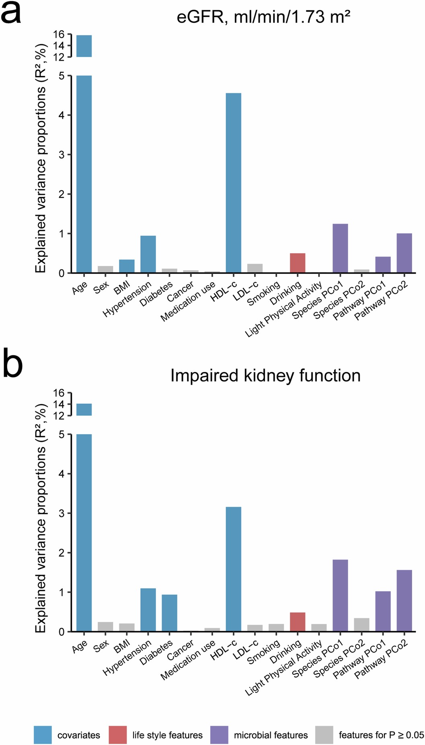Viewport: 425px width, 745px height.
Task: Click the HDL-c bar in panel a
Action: click(x=233, y=183)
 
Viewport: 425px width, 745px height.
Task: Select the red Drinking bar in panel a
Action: click(x=298, y=263)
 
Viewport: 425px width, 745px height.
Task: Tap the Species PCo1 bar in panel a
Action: click(x=340, y=248)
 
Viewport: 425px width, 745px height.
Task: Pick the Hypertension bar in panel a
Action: click(x=148, y=254)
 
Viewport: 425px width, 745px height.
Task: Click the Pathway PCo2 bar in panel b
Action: click(x=404, y=601)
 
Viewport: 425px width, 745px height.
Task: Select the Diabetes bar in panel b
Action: click(x=169, y=613)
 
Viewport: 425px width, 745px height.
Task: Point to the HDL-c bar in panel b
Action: click(x=233, y=569)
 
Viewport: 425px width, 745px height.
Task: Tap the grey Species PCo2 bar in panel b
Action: click(x=361, y=624)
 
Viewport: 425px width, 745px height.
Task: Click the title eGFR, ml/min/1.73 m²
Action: click(x=263, y=17)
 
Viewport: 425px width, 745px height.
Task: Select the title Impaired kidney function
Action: click(x=265, y=376)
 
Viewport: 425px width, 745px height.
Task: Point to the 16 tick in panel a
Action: click(x=59, y=35)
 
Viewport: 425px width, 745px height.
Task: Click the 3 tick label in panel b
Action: click(x=61, y=513)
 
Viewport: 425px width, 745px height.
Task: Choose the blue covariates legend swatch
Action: click(x=43, y=735)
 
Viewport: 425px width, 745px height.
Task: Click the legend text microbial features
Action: click(x=271, y=735)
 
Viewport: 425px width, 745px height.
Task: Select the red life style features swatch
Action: click(x=118, y=735)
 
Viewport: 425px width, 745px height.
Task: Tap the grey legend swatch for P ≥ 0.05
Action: click(x=324, y=735)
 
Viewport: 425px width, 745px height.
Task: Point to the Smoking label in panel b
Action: click(x=264, y=652)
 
